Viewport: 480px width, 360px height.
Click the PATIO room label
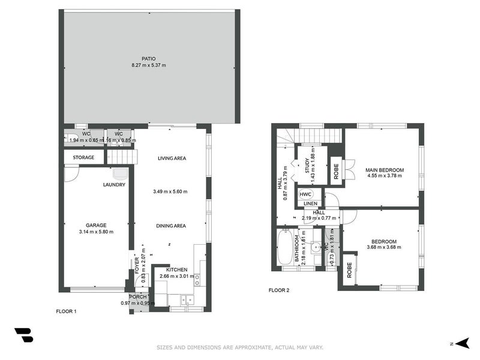(140, 58)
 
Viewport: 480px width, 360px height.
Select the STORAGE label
(83, 158)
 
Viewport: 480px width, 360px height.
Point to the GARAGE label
(96, 226)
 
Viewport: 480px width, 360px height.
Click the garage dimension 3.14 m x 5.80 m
(96, 232)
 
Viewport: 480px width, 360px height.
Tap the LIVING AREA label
(172, 158)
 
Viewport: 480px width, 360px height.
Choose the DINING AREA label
(171, 226)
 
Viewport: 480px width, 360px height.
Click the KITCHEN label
(177, 270)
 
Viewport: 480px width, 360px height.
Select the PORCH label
(137, 296)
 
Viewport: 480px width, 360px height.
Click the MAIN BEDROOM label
(385, 170)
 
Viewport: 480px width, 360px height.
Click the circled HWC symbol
(305, 195)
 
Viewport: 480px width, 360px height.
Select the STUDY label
(307, 165)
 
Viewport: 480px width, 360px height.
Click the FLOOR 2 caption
(278, 290)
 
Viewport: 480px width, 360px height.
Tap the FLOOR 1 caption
(66, 311)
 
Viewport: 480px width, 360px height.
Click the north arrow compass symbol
(461, 343)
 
